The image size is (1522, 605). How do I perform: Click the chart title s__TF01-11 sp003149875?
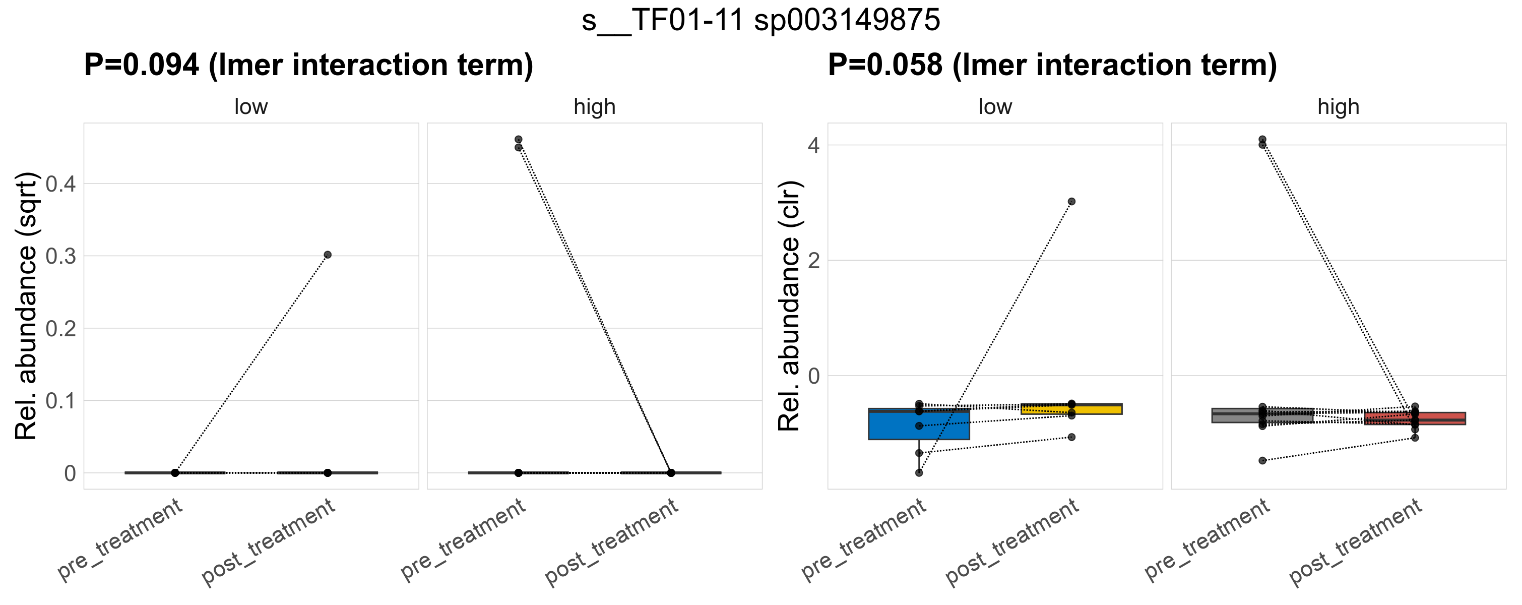[x=761, y=20]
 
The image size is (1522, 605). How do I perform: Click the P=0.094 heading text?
[x=308, y=65]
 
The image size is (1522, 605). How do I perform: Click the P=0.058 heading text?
[x=1052, y=65]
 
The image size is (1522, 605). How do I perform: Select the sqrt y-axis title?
[x=26, y=306]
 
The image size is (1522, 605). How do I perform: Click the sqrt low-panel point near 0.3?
[x=327, y=255]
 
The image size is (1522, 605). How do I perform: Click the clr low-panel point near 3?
[x=1071, y=202]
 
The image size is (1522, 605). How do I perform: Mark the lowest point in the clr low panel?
[x=919, y=473]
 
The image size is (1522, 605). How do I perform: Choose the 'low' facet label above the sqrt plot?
[x=251, y=107]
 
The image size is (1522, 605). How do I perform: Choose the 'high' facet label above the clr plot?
[x=1338, y=107]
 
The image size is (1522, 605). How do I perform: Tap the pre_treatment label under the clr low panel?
[x=864, y=539]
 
